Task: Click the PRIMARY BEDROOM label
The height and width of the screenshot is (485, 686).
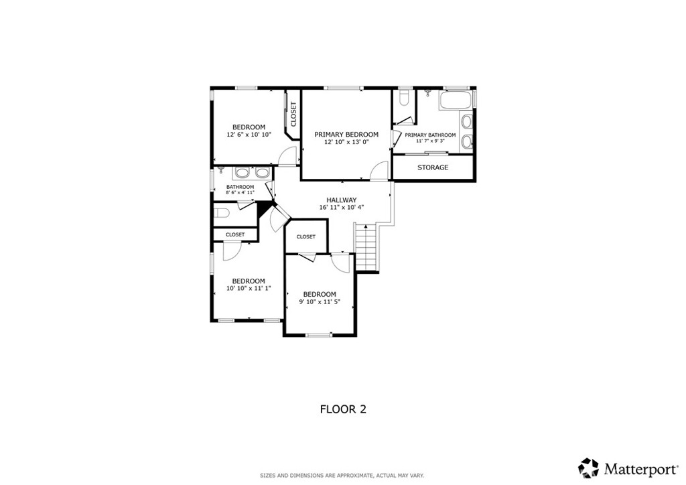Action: (346, 135)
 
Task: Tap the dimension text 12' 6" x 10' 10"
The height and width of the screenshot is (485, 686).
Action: (249, 135)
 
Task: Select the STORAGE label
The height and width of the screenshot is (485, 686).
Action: (433, 167)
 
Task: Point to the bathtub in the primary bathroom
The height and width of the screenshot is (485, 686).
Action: (456, 101)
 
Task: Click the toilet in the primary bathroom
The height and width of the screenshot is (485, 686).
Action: (403, 99)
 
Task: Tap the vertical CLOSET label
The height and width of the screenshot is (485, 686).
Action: (293, 114)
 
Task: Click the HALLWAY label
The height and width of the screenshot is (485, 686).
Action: (341, 200)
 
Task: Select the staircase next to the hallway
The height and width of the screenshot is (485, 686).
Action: (367, 248)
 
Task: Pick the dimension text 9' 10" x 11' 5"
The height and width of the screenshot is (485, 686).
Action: (320, 302)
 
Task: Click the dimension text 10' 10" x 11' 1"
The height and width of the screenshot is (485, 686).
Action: (249, 289)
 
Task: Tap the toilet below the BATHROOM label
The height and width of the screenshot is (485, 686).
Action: (222, 213)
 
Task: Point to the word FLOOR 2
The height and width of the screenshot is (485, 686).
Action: (342, 409)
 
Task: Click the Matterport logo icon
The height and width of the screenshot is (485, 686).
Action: (588, 467)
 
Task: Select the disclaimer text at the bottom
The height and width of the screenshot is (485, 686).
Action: (342, 475)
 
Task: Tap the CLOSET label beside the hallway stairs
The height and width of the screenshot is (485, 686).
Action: (305, 236)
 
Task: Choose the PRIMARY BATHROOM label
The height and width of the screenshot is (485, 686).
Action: (430, 135)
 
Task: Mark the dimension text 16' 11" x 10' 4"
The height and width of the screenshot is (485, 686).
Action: (341, 208)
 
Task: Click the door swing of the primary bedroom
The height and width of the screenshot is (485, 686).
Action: (380, 171)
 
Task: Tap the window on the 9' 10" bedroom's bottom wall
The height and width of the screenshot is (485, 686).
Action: (319, 334)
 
